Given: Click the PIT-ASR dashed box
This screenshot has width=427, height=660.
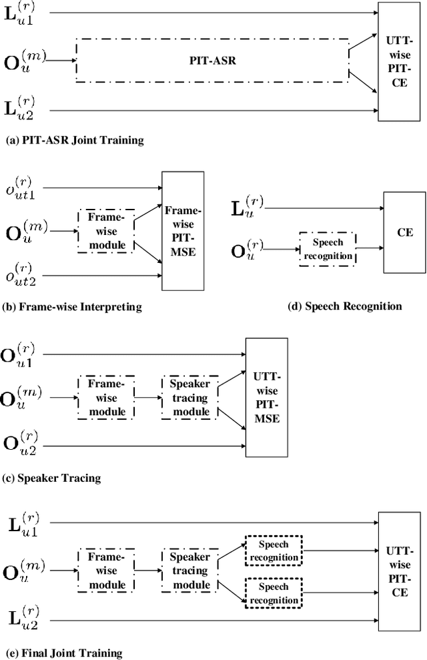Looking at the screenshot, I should [212, 60].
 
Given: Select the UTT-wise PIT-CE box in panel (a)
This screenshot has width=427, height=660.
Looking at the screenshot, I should [398, 61].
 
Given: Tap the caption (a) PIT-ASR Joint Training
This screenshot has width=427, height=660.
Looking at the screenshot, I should [74, 140].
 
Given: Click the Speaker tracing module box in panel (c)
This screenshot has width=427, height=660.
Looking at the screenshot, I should [189, 397].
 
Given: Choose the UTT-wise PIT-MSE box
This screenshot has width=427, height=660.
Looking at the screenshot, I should [267, 397].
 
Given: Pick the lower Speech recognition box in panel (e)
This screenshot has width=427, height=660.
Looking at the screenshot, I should [274, 592].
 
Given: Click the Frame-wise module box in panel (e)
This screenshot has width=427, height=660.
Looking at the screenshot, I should [106, 571].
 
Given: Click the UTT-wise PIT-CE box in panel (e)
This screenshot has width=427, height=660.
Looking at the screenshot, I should [398, 571].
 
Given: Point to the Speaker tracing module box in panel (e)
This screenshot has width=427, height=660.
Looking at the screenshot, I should [189, 571].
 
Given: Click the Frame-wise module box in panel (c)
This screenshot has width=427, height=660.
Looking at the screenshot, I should [106, 397].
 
